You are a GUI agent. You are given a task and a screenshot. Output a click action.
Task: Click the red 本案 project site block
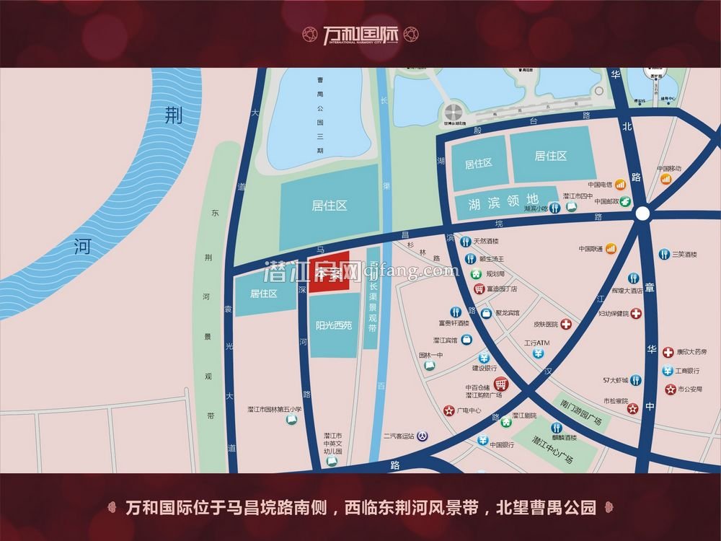tap(329, 272)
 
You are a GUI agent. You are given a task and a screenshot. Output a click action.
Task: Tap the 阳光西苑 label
tap(334, 325)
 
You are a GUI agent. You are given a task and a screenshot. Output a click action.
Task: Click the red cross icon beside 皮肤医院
tap(567, 325)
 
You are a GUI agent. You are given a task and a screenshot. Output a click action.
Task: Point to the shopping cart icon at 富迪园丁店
tap(479, 289)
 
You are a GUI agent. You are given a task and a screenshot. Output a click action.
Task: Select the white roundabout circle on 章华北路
tap(642, 213)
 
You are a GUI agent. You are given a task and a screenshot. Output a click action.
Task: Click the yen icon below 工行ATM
tap(539, 353)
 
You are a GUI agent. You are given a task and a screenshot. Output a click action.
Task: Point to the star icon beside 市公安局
tap(670, 390)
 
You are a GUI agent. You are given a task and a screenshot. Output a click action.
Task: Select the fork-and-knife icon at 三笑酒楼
tap(664, 255)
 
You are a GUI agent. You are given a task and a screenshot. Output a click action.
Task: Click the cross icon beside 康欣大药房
tap(668, 352)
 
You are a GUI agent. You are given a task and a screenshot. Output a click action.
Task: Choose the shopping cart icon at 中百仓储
tap(500, 384)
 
